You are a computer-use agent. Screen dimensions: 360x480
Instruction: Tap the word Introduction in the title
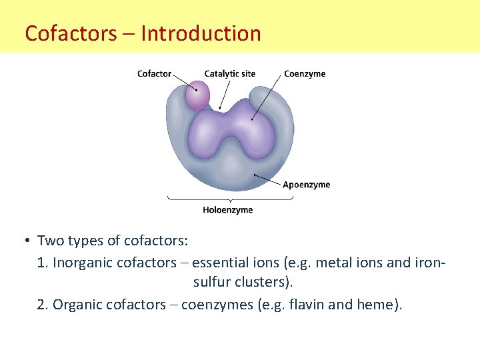201,33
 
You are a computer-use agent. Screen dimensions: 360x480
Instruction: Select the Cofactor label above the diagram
154,73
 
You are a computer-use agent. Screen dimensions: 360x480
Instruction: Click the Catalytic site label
229,73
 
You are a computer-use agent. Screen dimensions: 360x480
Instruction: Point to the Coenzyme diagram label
305,73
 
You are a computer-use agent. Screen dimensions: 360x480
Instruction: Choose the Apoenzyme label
306,185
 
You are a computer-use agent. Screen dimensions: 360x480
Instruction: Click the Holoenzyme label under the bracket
228,210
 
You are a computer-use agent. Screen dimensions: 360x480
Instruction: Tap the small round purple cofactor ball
197,95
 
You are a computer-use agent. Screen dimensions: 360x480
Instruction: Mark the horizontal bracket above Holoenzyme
228,199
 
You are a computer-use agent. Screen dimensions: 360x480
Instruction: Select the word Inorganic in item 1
82,263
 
